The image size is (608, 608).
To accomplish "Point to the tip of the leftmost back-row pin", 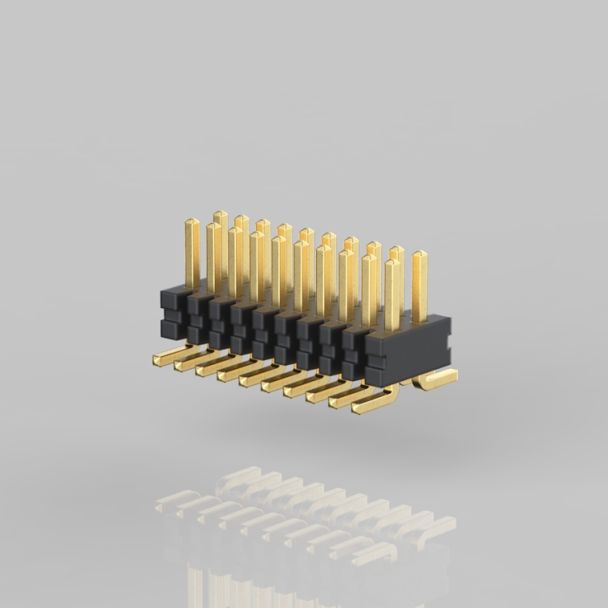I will tap(220, 215).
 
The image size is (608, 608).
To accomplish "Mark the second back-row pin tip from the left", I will tap(242, 219).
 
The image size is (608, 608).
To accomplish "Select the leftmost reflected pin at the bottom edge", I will tap(195, 584).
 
